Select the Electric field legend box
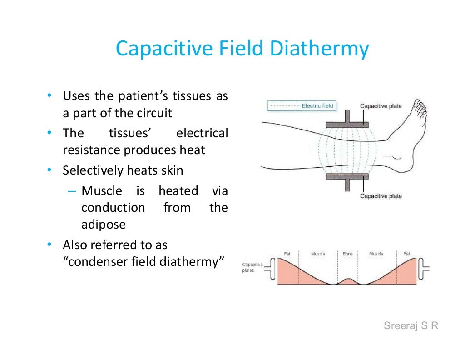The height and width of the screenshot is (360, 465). [301, 106]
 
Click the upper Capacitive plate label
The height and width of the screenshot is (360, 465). [381, 106]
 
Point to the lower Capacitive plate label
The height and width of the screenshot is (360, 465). [381, 196]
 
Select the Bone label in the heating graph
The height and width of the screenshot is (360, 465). [347, 254]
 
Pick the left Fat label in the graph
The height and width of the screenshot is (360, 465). [287, 254]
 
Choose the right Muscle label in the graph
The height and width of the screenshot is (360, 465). [376, 254]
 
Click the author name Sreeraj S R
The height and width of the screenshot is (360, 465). [411, 325]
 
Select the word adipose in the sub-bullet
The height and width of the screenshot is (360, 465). [103, 225]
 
